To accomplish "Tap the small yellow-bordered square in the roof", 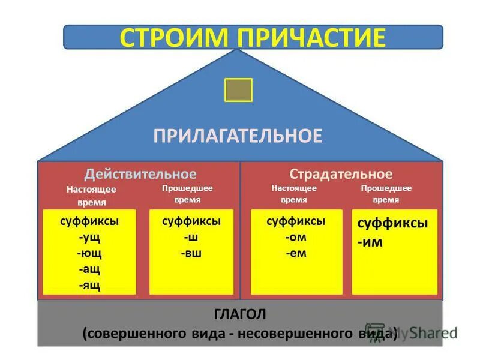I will (238, 90).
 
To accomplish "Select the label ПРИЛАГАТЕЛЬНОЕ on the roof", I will (238, 135).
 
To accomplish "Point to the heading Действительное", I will (140, 174).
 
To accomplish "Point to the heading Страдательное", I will (341, 174).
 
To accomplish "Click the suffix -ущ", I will (89, 237).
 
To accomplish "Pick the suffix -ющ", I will (89, 253).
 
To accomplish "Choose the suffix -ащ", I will (89, 269).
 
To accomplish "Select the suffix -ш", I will (191, 237).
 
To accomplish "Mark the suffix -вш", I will (191, 253).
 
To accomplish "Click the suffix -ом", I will (296, 237).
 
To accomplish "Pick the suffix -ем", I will (296, 253).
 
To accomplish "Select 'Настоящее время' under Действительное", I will (91, 196).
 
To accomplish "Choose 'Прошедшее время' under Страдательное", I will (386, 194).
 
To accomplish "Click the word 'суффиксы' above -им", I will (392, 223).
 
